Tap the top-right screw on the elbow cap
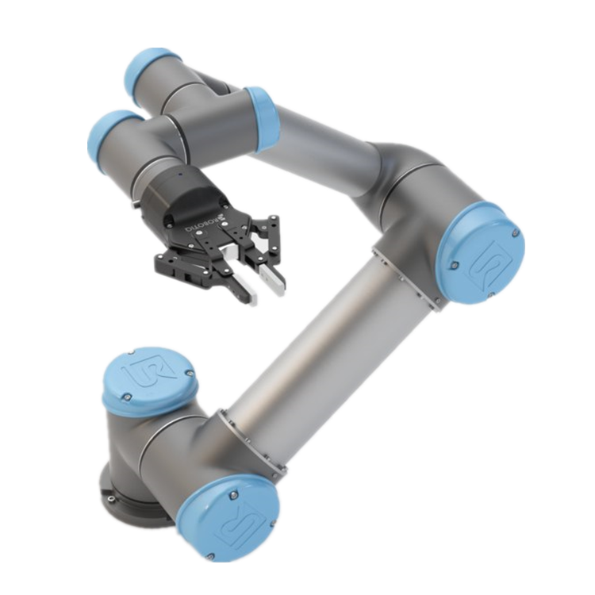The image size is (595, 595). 516,233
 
